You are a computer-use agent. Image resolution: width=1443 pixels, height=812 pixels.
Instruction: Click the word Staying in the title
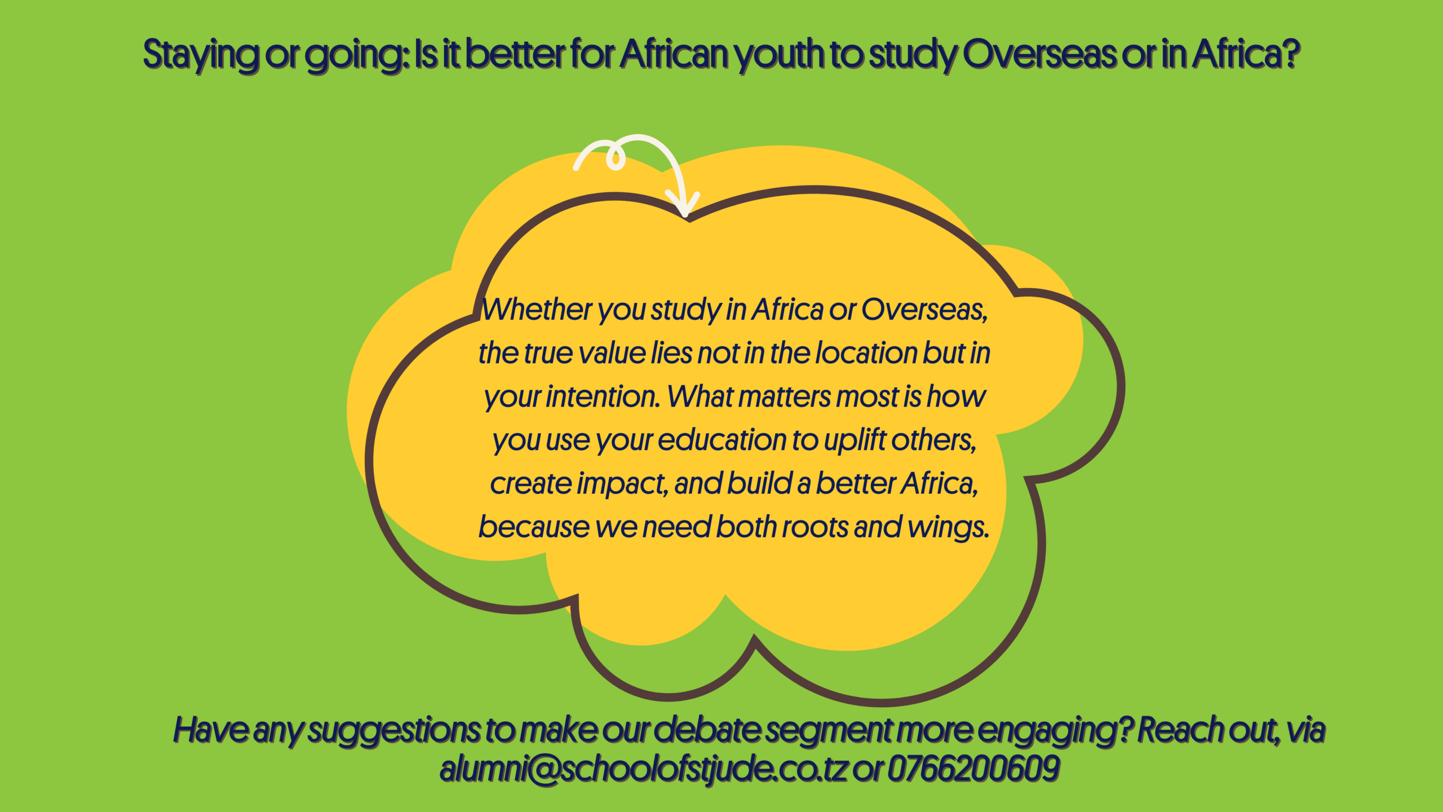201,55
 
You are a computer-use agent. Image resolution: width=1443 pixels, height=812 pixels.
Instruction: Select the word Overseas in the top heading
1039,54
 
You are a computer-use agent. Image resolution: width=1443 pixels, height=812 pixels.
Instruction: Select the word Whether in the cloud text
536,310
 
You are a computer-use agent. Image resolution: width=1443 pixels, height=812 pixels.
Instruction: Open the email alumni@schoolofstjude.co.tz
644,769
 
